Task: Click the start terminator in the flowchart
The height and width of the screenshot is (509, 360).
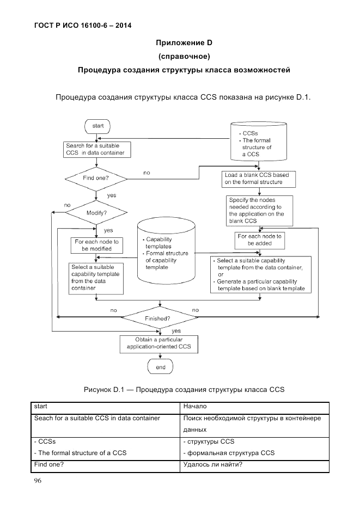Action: tap(97, 126)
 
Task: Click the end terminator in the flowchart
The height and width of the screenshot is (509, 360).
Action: tap(161, 367)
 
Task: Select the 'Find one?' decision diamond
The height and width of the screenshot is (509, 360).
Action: tap(96, 178)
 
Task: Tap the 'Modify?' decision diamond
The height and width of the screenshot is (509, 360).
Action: tap(96, 213)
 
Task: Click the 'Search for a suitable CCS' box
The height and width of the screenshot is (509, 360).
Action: tap(95, 150)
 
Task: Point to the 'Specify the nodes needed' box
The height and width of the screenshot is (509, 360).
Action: tap(260, 210)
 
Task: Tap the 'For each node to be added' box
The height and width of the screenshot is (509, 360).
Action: tap(260, 240)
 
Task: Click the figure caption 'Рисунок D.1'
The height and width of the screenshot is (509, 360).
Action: tap(184, 389)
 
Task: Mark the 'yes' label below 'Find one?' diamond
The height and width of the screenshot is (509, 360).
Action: tap(111, 195)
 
